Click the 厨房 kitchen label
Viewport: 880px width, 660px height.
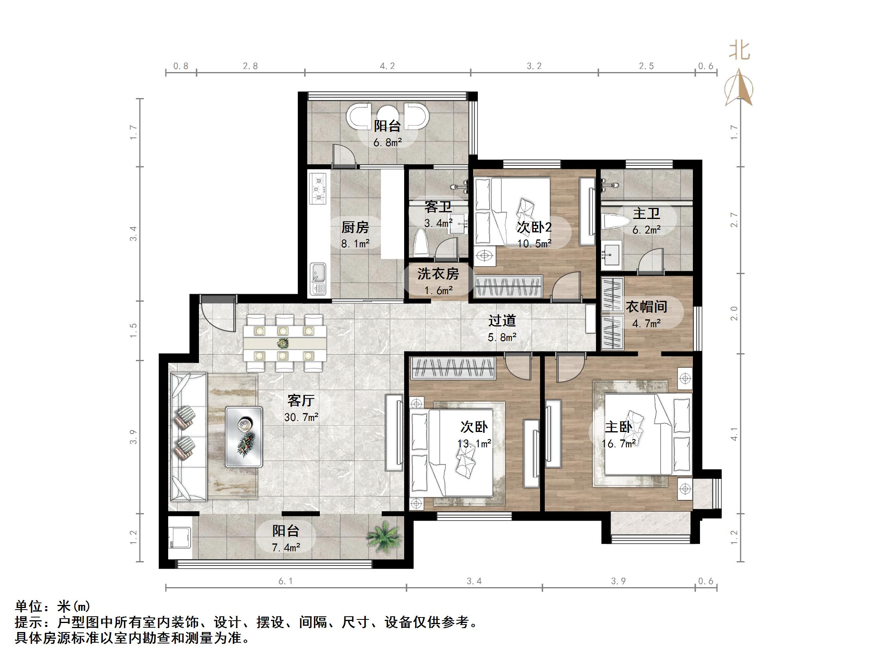[x=355, y=228]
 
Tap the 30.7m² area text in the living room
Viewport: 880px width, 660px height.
[x=301, y=417]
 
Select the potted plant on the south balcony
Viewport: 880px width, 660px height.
[x=384, y=536]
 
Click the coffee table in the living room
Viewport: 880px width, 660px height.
[x=244, y=436]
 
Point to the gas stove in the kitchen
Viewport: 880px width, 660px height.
[x=318, y=189]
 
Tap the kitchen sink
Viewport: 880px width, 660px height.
[x=318, y=278]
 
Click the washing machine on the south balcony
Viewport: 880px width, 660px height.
[x=180, y=538]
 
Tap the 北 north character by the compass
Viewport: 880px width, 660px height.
[x=739, y=52]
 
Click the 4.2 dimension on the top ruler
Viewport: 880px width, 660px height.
[x=387, y=66]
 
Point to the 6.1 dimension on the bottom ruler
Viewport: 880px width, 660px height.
[x=285, y=581]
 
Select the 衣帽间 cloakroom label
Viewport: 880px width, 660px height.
[x=646, y=307]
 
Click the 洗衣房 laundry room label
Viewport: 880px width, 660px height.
[x=438, y=274]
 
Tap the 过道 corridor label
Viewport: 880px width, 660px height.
[x=502, y=320]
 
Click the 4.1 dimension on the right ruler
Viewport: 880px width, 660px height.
[x=734, y=434]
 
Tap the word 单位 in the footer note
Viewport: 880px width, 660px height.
[x=28, y=606]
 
